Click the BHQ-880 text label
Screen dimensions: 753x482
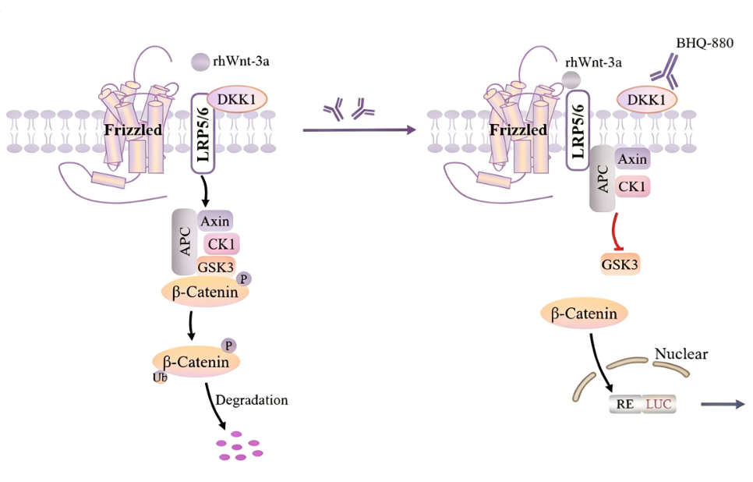click(x=705, y=43)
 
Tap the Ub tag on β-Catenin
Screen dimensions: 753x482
click(x=160, y=377)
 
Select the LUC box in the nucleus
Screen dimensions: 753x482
click(x=659, y=404)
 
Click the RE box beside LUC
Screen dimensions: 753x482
click(x=625, y=404)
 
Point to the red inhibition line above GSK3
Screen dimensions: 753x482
click(x=615, y=232)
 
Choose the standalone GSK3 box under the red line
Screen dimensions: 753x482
click(x=620, y=264)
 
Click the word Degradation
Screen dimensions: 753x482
click(x=252, y=400)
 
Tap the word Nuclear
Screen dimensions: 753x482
click(x=681, y=354)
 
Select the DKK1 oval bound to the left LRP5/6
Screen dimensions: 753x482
click(x=237, y=100)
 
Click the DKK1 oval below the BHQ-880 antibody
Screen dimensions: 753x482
click(x=647, y=100)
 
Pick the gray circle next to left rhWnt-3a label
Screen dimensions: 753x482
click(x=200, y=62)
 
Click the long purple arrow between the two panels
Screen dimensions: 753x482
click(x=359, y=129)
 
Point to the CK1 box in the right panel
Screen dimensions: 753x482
click(x=632, y=186)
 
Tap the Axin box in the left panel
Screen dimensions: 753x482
click(x=214, y=221)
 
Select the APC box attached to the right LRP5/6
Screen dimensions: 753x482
click(x=603, y=179)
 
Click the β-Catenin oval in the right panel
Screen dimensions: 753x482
click(x=584, y=314)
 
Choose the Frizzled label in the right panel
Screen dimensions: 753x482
click(x=518, y=129)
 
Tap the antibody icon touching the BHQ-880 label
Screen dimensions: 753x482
click(x=665, y=72)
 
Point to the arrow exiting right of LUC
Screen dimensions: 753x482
click(x=723, y=404)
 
